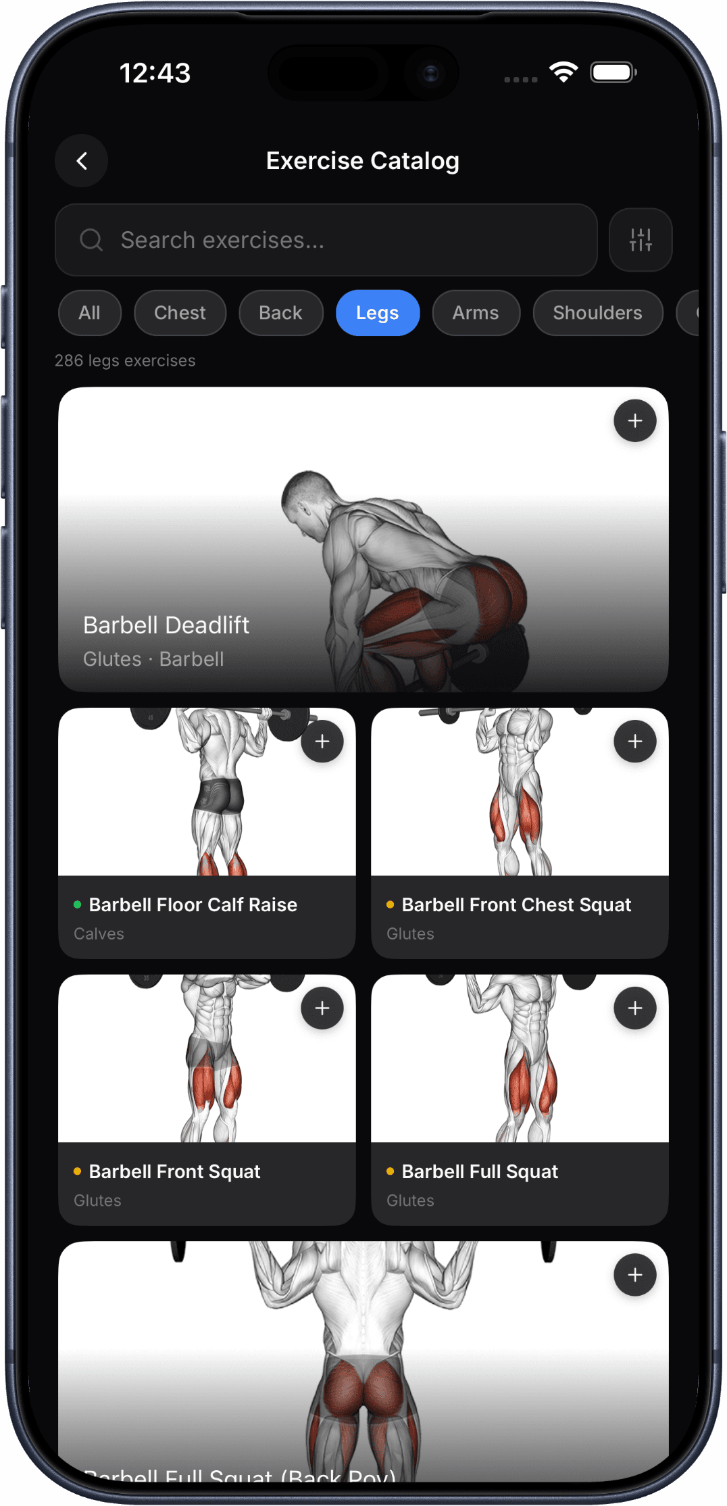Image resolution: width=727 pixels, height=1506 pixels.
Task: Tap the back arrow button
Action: click(x=82, y=161)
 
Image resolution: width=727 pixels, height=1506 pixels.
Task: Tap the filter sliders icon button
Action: click(x=640, y=240)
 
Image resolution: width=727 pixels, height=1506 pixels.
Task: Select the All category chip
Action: click(x=89, y=313)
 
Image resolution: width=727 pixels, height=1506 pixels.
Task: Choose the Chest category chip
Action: click(x=180, y=313)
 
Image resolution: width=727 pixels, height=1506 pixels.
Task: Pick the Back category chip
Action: click(x=280, y=313)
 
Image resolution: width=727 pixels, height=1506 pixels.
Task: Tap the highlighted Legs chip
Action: click(x=377, y=313)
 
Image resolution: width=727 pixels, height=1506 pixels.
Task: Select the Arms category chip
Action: click(x=476, y=313)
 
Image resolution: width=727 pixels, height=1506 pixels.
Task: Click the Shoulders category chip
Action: click(x=597, y=313)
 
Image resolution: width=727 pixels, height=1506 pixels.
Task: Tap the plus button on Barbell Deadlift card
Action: click(x=634, y=421)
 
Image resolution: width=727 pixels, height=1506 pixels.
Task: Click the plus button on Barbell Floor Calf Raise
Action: click(x=322, y=742)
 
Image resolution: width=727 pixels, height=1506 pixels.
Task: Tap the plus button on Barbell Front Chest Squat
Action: click(x=634, y=742)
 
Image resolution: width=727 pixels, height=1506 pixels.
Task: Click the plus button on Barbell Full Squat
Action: click(x=634, y=1009)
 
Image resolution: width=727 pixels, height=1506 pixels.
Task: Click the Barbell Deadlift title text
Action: click(x=166, y=625)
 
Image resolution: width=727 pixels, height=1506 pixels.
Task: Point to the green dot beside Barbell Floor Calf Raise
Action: click(x=77, y=904)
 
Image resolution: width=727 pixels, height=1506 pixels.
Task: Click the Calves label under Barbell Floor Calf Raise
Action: click(x=99, y=933)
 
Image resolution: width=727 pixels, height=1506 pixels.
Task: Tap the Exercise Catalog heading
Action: click(x=363, y=161)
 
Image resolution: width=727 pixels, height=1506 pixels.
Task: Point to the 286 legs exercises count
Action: click(x=125, y=361)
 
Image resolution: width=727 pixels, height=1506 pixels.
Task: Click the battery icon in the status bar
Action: click(x=613, y=72)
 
